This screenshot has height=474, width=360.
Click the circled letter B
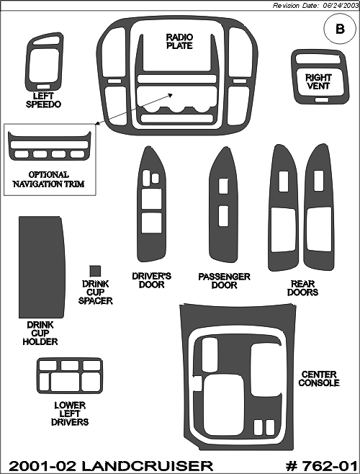pyautogui.click(x=340, y=29)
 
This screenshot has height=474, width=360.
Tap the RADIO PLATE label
pyautogui.click(x=179, y=41)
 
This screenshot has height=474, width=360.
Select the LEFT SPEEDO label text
pyautogui.click(x=43, y=100)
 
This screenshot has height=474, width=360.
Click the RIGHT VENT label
pyautogui.click(x=318, y=81)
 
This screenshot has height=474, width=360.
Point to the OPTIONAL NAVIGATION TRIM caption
pyautogui.click(x=48, y=179)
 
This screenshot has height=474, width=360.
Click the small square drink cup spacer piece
pyautogui.click(x=95, y=271)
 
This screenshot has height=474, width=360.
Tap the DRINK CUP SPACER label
pyautogui.click(x=95, y=292)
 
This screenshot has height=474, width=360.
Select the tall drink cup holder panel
pyautogui.click(x=42, y=267)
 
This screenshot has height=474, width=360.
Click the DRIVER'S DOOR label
pyautogui.click(x=151, y=280)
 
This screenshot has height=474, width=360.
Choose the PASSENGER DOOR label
pyautogui.click(x=224, y=281)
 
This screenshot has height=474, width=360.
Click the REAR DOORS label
pyautogui.click(x=302, y=288)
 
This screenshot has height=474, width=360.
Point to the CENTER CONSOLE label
pyautogui.click(x=319, y=378)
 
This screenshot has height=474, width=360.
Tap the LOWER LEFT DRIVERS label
pyautogui.click(x=70, y=413)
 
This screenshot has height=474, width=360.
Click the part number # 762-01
pyautogui.click(x=322, y=466)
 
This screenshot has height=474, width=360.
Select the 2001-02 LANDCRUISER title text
pyautogui.click(x=111, y=466)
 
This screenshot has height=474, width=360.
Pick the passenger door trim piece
pyautogui.click(x=223, y=205)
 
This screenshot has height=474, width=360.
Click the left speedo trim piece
pyautogui.click(x=44, y=62)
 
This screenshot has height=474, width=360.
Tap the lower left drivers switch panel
pyautogui.click(x=70, y=376)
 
